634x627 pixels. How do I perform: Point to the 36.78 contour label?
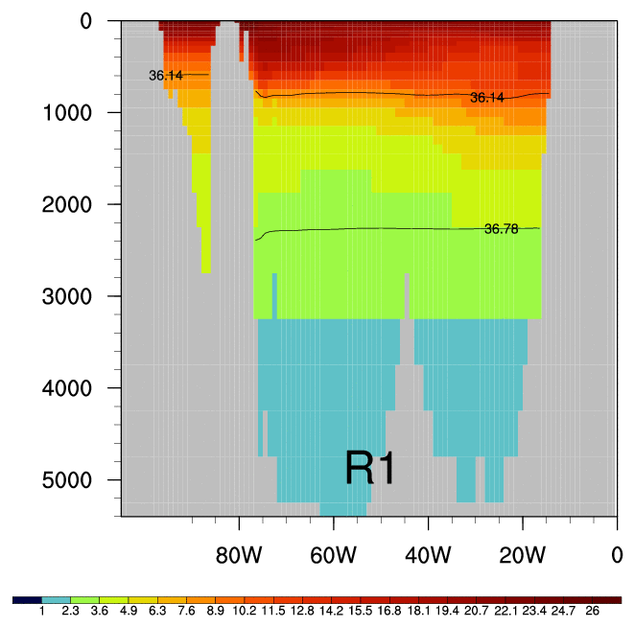point(501,229)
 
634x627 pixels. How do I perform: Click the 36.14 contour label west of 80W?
point(165,75)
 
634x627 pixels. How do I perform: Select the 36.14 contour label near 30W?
point(486,98)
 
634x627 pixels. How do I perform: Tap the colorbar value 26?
point(593,611)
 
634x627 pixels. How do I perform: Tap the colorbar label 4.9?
point(129,611)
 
